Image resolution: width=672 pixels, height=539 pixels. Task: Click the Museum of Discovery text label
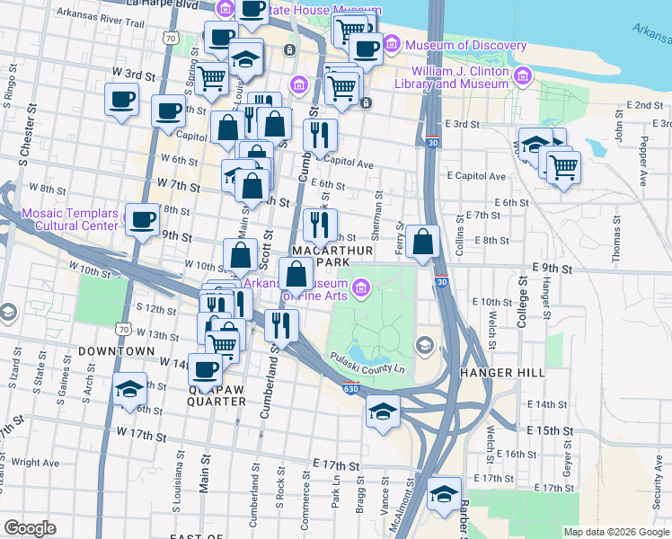coord(466,46)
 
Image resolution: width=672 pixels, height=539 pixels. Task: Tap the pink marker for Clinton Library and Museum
coord(524,75)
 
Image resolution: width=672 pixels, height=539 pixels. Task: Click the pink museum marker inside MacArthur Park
coord(361,287)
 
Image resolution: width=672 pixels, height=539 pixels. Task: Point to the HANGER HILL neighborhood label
coord(497,372)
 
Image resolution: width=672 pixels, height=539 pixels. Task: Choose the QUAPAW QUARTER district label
coord(217,401)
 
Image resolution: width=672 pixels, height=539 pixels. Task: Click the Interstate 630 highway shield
coord(351,387)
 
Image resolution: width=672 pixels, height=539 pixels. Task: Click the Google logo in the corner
coord(30,527)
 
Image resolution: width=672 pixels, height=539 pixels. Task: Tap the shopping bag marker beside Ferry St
coord(422,242)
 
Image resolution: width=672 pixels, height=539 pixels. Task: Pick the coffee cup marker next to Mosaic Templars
coord(142,219)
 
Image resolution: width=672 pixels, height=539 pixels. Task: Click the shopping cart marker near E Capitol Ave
coord(563,167)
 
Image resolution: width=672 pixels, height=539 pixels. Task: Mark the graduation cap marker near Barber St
coord(443,494)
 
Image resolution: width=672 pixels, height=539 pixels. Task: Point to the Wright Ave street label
coord(37,464)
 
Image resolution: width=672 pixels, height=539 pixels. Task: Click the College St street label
coord(522,294)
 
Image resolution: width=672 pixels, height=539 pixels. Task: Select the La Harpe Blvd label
coord(161,4)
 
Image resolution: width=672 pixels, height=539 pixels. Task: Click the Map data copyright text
coord(615,532)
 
